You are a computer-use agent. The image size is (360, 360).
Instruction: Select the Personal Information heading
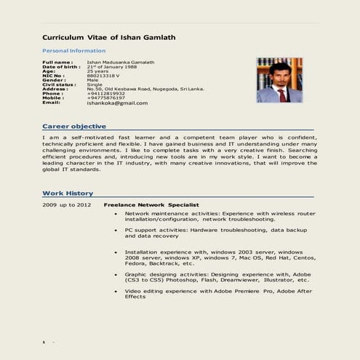[73, 51]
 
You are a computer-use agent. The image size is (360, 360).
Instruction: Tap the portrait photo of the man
[279, 80]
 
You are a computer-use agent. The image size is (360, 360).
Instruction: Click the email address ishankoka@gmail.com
[117, 103]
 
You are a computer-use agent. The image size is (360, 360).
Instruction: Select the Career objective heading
[74, 127]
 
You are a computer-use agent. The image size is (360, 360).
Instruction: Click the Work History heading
[68, 193]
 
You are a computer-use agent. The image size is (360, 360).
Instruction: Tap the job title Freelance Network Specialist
[151, 206]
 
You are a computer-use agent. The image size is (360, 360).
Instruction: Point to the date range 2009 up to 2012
[66, 206]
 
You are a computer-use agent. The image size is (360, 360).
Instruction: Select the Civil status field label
[59, 84]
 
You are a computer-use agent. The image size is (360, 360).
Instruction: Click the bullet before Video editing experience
[116, 291]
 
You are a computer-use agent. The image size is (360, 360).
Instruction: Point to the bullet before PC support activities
[116, 230]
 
